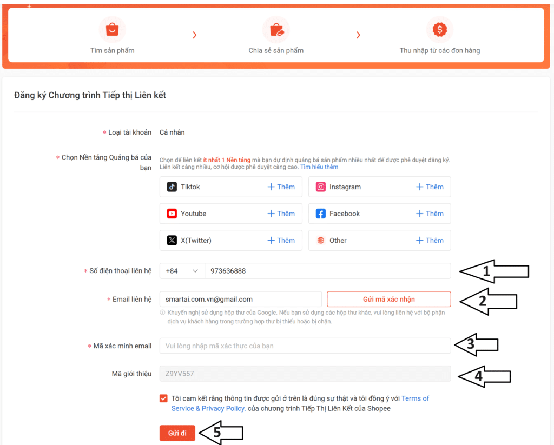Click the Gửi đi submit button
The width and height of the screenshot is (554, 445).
click(x=177, y=433)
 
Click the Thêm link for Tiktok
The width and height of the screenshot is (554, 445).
click(x=281, y=187)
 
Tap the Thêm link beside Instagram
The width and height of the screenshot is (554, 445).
click(x=430, y=187)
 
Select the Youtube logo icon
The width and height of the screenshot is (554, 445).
click(x=172, y=214)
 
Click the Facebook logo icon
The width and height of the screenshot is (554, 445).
click(x=320, y=214)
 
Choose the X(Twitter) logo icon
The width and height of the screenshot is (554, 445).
click(x=172, y=241)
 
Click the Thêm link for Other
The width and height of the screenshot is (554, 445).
click(x=430, y=241)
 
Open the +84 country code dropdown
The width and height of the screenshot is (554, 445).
click(x=182, y=271)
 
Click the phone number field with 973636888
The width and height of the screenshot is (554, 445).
click(x=327, y=271)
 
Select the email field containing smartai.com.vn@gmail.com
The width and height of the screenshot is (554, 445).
click(x=241, y=299)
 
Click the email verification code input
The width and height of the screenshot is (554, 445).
click(x=305, y=346)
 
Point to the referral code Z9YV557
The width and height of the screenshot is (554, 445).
click(x=180, y=374)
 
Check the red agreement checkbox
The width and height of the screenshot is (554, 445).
click(x=163, y=398)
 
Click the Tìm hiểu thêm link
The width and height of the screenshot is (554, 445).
click(x=319, y=167)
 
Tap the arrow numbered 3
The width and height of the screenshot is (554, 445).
click(x=476, y=344)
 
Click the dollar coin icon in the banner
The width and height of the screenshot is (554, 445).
click(x=439, y=29)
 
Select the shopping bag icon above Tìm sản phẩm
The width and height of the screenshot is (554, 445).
click(x=113, y=29)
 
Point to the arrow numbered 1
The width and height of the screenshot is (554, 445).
click(x=494, y=271)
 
